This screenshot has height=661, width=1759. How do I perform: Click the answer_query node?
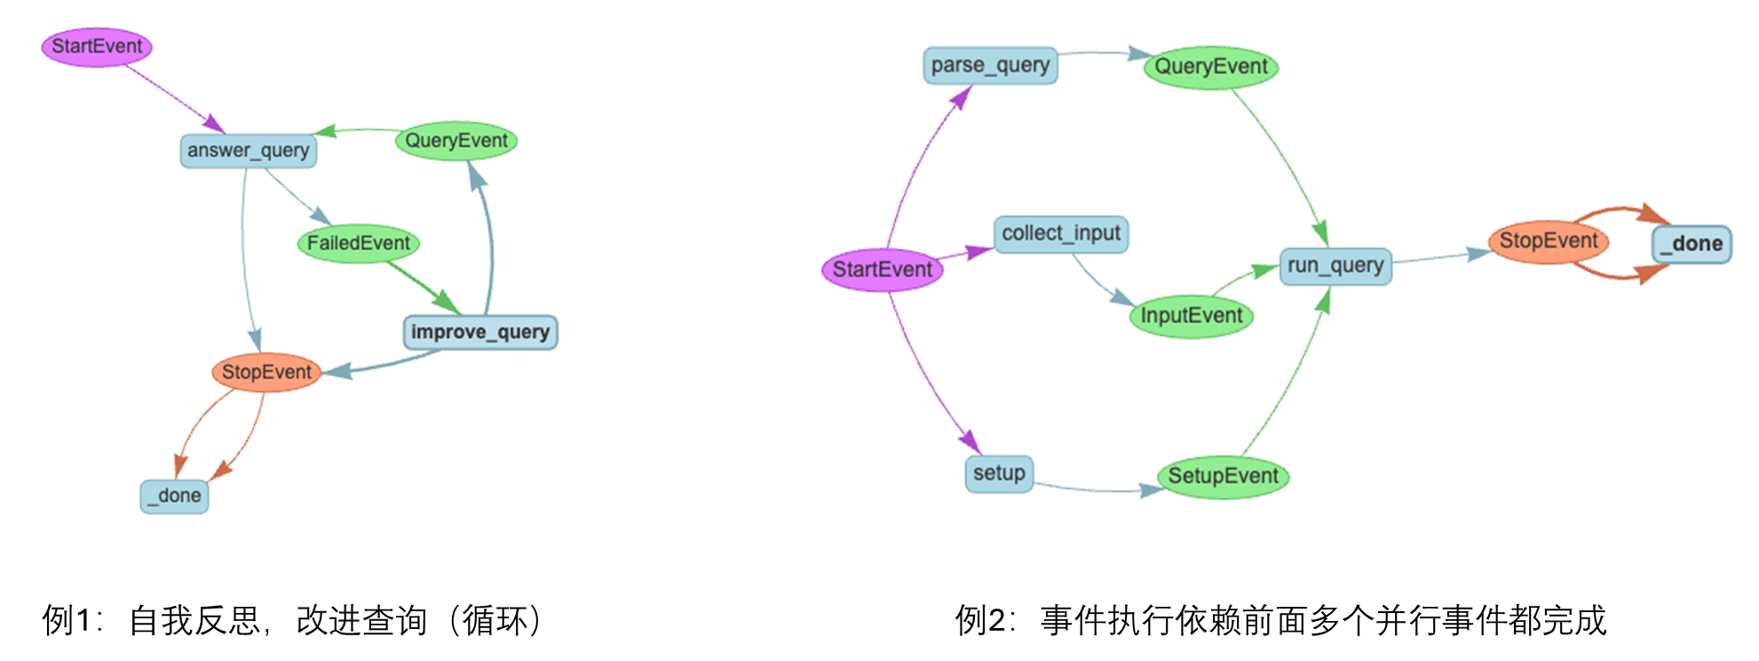point(249,151)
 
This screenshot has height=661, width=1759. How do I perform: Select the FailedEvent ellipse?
point(358,243)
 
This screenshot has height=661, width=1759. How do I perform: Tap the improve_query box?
point(480,332)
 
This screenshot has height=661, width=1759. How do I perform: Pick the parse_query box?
point(990,66)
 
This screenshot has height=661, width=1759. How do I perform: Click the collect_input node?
point(1061,234)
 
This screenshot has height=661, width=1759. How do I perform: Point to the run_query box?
point(1335,266)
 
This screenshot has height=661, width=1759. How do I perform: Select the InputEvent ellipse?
point(1191,316)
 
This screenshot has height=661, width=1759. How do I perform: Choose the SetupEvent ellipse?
point(1223,476)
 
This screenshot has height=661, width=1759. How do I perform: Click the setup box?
point(999,474)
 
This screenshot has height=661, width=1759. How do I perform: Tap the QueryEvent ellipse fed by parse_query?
point(1210,68)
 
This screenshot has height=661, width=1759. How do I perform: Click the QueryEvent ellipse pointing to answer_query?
point(456,140)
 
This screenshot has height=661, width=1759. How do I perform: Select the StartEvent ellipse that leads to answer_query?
point(97,46)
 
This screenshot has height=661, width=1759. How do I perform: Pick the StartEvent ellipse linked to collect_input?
point(882,270)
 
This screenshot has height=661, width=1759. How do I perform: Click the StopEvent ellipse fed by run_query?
point(1548,241)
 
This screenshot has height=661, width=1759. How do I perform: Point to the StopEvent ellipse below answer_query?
point(266,372)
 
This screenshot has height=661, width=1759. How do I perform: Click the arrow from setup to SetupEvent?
point(1097,490)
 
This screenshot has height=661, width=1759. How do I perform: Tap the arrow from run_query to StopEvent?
point(1440,257)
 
